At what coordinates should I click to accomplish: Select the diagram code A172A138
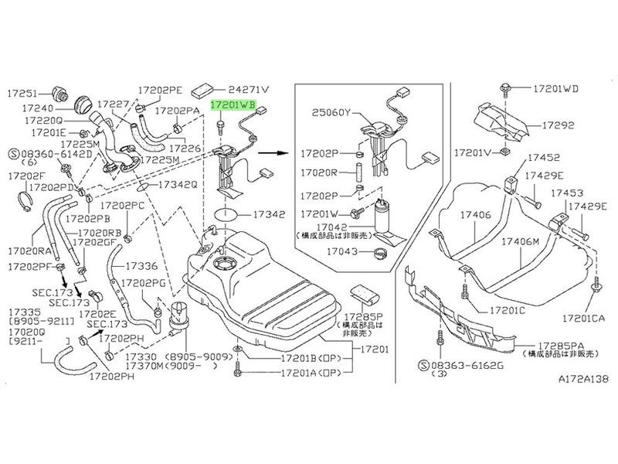[568, 380]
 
